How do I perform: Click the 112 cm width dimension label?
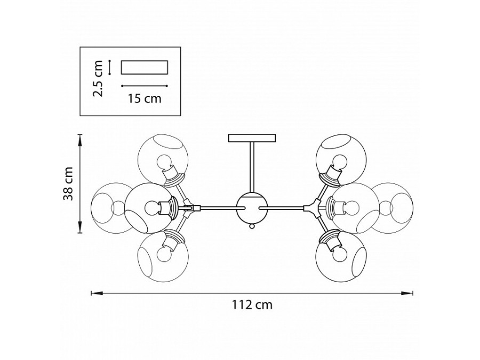click(252, 306)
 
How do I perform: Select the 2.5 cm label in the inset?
click(98, 78)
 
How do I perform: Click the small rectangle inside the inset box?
click(145, 67)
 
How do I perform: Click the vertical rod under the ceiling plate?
click(251, 165)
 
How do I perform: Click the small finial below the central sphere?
click(251, 227)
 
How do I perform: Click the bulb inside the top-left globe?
click(164, 161)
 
